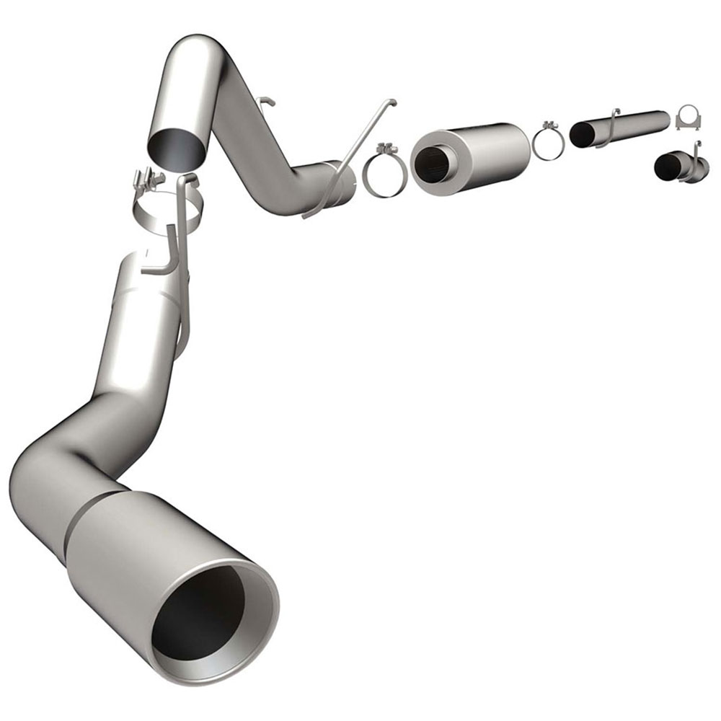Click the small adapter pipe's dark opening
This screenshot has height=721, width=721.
(666, 167)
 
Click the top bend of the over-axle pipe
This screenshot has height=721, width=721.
(198, 54)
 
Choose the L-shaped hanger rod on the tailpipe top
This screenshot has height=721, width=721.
(162, 252)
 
